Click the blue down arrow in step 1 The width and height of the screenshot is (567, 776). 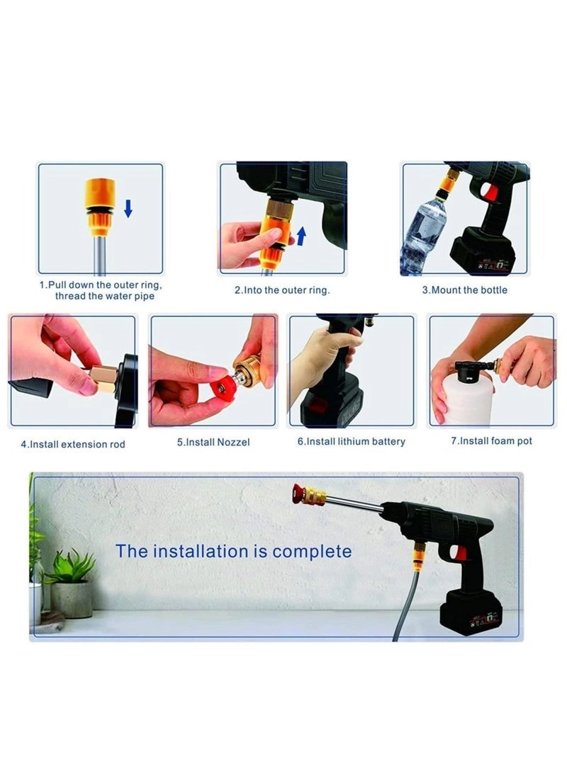tap(128, 208)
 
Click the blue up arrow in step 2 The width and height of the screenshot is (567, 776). tap(301, 235)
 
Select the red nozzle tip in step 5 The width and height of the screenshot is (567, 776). tap(225, 388)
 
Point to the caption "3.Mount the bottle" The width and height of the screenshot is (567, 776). tap(465, 290)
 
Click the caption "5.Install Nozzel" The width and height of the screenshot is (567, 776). tap(213, 442)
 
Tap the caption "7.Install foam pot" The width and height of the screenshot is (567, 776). tap(492, 441)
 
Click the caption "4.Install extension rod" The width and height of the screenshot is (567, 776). tap(72, 444)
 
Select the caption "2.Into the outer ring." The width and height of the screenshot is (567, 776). tap(282, 290)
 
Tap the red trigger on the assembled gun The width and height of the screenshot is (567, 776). tap(461, 552)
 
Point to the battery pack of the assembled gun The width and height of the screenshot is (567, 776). tap(471, 613)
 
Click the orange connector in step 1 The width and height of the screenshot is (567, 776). tap(100, 206)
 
